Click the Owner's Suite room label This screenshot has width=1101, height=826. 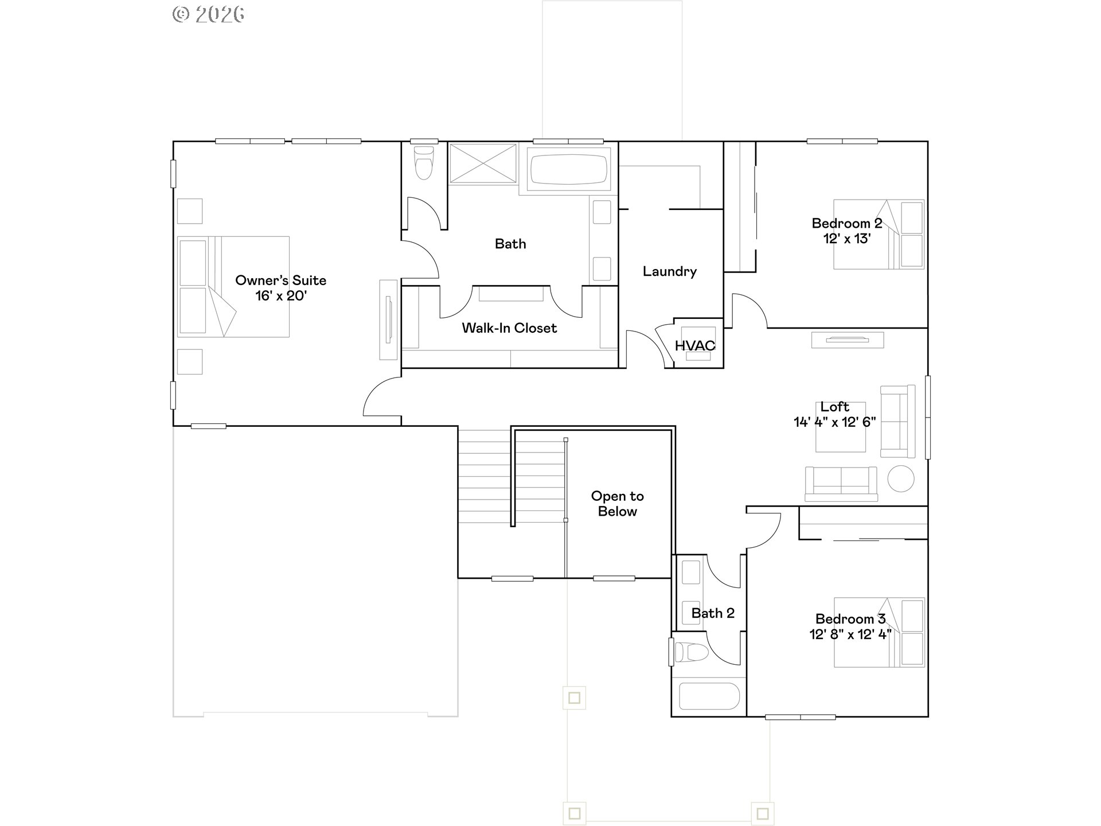click(x=280, y=280)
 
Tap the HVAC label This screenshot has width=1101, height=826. click(x=695, y=345)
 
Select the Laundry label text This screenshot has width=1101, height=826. click(x=669, y=271)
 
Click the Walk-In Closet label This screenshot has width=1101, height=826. click(x=509, y=328)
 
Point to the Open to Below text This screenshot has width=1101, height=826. click(x=617, y=504)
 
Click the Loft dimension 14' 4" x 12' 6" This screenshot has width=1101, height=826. click(x=834, y=422)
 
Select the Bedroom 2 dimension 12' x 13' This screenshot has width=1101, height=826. click(x=847, y=239)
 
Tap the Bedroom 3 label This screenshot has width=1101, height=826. click(x=850, y=619)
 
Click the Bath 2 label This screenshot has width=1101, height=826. click(x=712, y=613)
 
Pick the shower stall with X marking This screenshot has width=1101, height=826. click(x=483, y=164)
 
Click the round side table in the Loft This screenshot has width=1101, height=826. click(x=900, y=478)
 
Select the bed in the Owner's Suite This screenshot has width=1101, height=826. click(x=233, y=286)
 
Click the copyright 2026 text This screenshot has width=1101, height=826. click(x=209, y=14)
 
